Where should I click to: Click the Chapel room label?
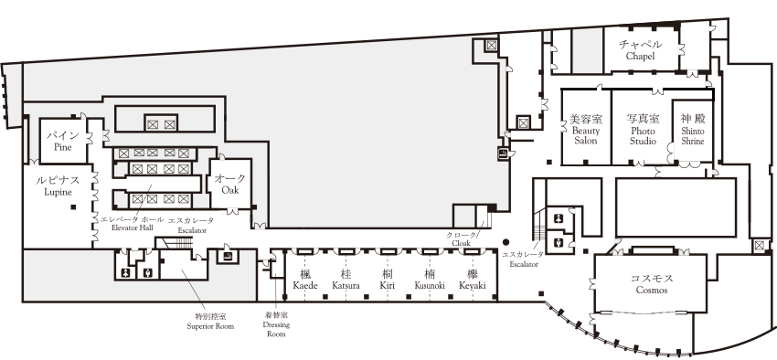(641, 50)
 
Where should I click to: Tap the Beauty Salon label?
(585, 130)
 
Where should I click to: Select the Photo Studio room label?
(642, 130)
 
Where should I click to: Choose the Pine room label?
(62, 141)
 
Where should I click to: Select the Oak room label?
(229, 185)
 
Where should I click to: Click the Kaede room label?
(304, 280)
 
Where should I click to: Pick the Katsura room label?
(346, 280)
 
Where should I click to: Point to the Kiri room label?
(388, 280)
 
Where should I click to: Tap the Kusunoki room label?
(430, 280)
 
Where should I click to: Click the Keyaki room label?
(473, 280)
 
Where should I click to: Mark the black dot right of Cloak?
(506, 241)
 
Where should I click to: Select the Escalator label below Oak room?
(191, 226)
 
